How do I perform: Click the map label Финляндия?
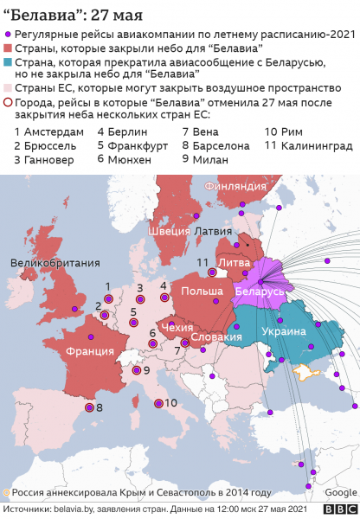click(x=234, y=186)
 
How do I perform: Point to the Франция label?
click(x=89, y=351)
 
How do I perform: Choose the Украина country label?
click(x=284, y=331)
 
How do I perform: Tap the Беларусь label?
click(x=260, y=292)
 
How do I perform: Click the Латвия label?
click(x=214, y=232)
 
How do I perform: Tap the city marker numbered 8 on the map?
click(x=87, y=407)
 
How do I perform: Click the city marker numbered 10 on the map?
click(x=157, y=403)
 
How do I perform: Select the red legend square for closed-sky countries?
click(x=9, y=48)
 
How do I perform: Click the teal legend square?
click(x=9, y=63)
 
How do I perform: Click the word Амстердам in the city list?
click(x=55, y=131)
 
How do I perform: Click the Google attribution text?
click(x=338, y=492)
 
